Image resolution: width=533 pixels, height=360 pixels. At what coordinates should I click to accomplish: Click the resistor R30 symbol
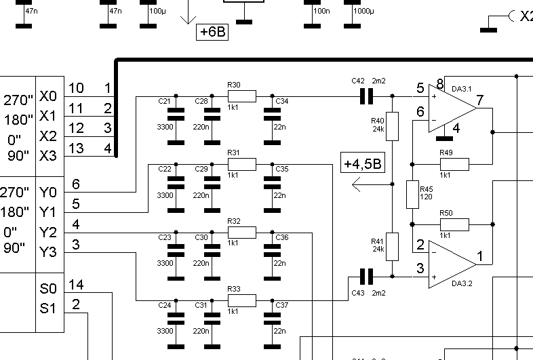[x=241, y=96]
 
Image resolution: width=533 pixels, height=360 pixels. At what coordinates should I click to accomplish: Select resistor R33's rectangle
[x=241, y=300]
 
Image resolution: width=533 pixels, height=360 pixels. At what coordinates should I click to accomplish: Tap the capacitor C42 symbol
[x=366, y=97]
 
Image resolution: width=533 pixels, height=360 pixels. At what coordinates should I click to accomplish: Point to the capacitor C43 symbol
[x=366, y=276]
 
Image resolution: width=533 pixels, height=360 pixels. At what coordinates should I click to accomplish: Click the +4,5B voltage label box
[x=362, y=164]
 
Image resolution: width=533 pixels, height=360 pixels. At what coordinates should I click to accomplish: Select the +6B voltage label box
[x=212, y=32]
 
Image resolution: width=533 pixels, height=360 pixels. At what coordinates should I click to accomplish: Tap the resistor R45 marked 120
[x=412, y=195]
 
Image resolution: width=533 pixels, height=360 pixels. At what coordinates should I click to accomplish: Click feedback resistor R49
[x=454, y=163]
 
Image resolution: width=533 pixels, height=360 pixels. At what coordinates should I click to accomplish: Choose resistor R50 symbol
[x=454, y=224]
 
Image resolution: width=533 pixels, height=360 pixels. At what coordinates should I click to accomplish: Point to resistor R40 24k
[x=392, y=126]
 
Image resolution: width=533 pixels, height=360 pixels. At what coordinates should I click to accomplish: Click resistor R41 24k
[x=392, y=245]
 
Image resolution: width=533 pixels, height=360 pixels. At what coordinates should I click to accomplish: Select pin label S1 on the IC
[x=48, y=309]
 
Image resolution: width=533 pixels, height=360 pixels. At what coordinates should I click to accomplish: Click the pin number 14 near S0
[x=76, y=285]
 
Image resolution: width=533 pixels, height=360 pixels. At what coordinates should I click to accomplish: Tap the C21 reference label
[x=164, y=101]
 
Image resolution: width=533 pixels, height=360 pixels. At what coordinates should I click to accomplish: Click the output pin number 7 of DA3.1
[x=479, y=101]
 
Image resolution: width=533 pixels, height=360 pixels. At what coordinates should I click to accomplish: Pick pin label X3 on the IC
[x=49, y=155]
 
